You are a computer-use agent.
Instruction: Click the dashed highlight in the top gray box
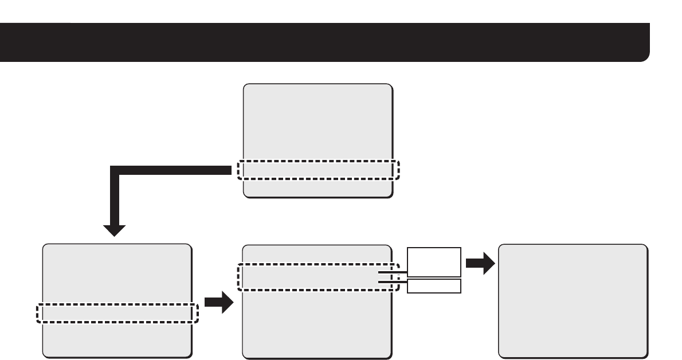point(318,170)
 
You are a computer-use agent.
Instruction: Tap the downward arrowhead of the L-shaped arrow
point(115,229)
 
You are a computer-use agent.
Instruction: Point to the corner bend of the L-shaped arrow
point(115,170)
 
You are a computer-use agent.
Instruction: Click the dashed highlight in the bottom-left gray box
point(117,313)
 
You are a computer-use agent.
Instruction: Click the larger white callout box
point(434,262)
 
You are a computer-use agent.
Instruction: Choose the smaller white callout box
point(434,286)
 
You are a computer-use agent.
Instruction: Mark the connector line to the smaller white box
point(393,281)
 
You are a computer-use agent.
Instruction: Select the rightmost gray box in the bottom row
point(573,301)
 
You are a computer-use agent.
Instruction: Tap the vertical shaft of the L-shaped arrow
point(115,198)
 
